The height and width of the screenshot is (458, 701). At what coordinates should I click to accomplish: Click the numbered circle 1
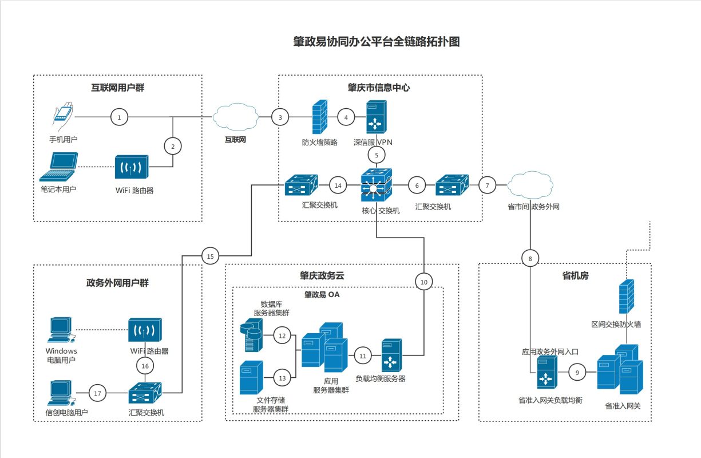pos(119,117)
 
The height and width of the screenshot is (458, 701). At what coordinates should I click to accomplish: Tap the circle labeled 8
pos(530,259)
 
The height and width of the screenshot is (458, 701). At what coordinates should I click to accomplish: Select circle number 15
pos(210,256)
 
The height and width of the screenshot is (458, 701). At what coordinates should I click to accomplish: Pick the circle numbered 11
pos(362,356)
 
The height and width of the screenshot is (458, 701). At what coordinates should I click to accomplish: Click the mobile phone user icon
pos(62,116)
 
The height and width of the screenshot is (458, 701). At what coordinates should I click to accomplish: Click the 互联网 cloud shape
pos(236,117)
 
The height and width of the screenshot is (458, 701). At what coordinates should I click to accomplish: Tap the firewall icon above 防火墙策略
pos(320,117)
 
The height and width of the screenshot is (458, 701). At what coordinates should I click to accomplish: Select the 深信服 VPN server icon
pos(377,117)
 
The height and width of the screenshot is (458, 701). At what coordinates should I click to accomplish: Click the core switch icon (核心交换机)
pos(377,185)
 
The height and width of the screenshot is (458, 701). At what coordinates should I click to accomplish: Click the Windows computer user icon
pos(61,330)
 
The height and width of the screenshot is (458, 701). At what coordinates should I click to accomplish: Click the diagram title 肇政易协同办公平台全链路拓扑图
pos(377,42)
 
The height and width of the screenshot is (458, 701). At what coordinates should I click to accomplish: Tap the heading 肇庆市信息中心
pos(379,88)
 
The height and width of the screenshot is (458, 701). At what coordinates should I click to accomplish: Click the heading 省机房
pos(575,276)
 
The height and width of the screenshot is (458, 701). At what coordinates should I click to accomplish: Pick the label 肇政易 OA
pos(322,295)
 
